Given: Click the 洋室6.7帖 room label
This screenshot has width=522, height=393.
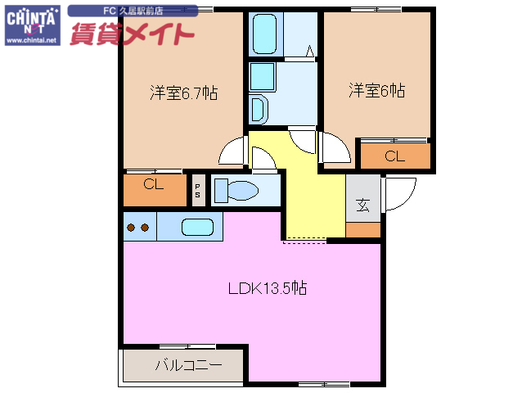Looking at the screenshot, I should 183,93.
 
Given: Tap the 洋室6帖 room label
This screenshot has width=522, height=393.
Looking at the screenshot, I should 376,90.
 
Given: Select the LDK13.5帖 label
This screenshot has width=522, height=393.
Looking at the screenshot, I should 267,288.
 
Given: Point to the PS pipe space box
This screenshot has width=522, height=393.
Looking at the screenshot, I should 197,190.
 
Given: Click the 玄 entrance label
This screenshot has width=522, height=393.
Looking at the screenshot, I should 362,205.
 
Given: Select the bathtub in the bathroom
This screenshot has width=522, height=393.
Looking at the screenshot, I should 265,34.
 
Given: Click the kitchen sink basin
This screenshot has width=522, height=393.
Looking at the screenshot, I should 197,228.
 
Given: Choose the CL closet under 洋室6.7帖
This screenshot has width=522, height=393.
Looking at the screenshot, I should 154,185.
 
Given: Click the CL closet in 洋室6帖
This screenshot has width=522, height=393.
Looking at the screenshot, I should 394,156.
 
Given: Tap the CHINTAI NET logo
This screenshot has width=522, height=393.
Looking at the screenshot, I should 31,18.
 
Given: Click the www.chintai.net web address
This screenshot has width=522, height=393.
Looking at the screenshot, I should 31,40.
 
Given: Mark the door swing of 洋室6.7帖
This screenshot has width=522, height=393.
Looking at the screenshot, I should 233,151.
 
